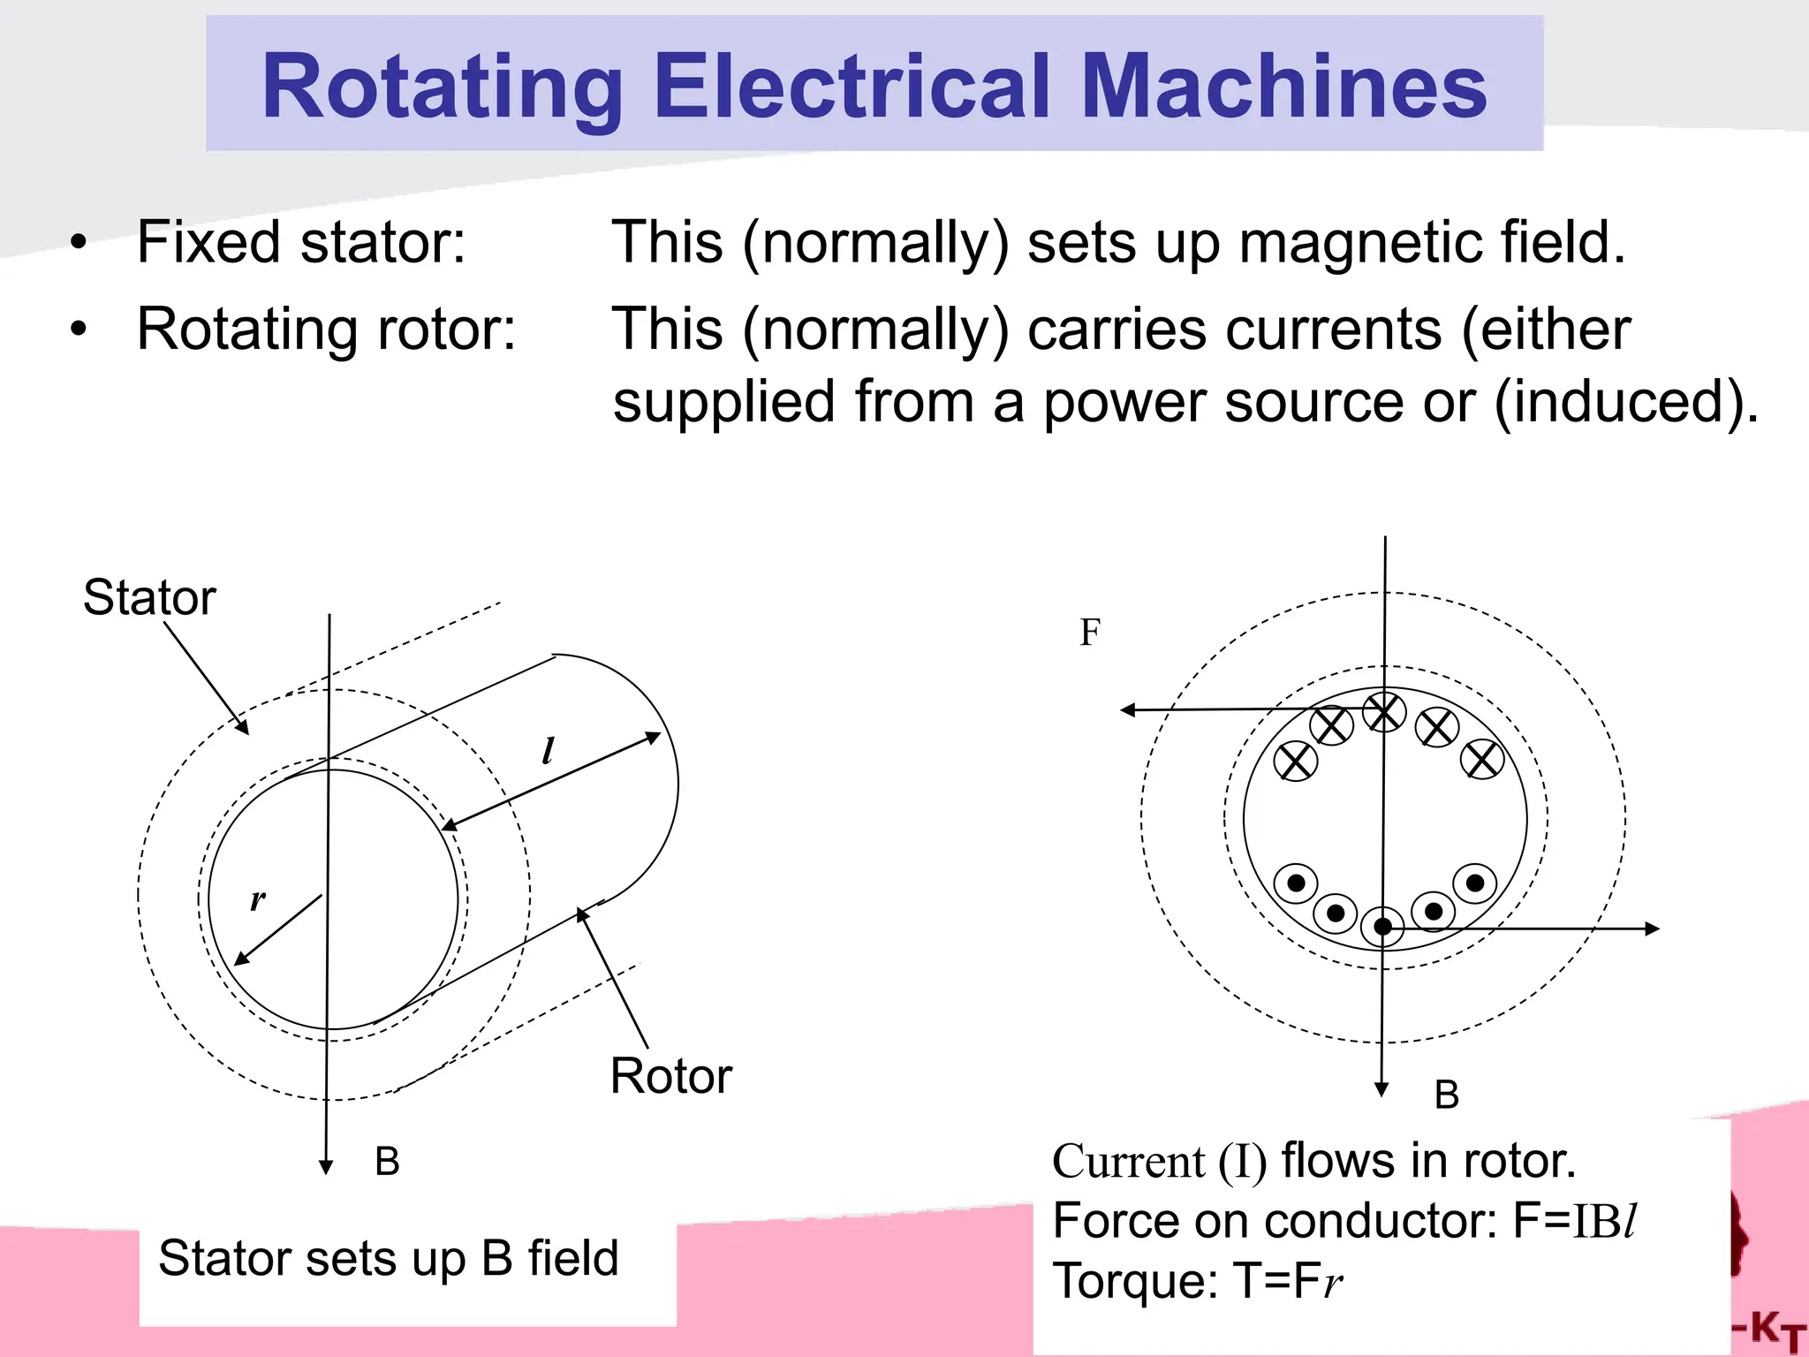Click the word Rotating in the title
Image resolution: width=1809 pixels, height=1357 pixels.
click(x=443, y=87)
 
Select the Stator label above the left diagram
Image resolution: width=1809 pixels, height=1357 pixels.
click(x=149, y=597)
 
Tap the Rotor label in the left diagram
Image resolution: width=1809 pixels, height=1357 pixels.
click(x=671, y=1076)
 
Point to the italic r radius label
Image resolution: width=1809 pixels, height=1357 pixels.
click(x=257, y=899)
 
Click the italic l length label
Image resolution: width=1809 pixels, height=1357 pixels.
click(x=548, y=751)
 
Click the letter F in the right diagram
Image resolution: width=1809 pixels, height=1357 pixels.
click(x=1090, y=633)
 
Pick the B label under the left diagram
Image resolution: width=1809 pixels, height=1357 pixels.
click(x=387, y=1161)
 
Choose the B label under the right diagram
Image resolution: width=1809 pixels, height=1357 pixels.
click(x=1447, y=1095)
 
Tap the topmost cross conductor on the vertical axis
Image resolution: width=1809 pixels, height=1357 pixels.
click(x=1384, y=711)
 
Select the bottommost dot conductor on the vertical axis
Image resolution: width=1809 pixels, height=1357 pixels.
click(x=1382, y=927)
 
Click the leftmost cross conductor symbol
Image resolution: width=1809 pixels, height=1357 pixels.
click(x=1296, y=761)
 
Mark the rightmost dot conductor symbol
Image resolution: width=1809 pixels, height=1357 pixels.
click(x=1475, y=883)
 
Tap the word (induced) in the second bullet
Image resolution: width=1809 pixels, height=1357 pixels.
click(x=1626, y=402)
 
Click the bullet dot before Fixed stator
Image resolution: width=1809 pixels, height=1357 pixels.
click(x=79, y=242)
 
